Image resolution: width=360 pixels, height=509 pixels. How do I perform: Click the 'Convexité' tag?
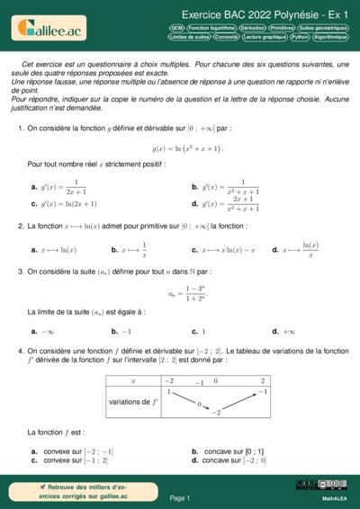pyautogui.click(x=226, y=38)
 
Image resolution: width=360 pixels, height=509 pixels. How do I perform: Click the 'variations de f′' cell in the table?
pyautogui.click(x=133, y=401)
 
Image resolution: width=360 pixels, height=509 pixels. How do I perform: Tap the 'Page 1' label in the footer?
pyautogui.click(x=179, y=497)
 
